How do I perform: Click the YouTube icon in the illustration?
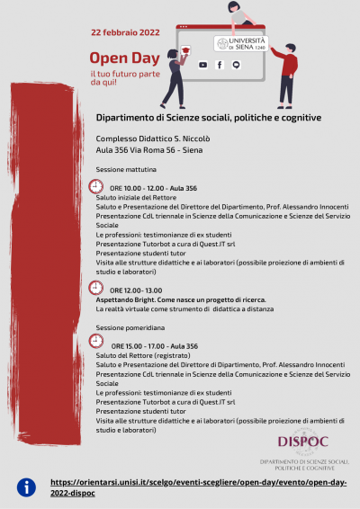pyautogui.click(x=202, y=65)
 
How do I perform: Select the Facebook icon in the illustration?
pyautogui.click(x=219, y=65)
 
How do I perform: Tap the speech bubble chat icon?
pyautogui.click(x=236, y=65)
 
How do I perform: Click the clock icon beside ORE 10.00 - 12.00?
pyautogui.click(x=96, y=186)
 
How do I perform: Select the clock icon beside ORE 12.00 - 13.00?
pyautogui.click(x=96, y=289)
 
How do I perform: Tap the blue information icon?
pyautogui.click(x=27, y=487)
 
